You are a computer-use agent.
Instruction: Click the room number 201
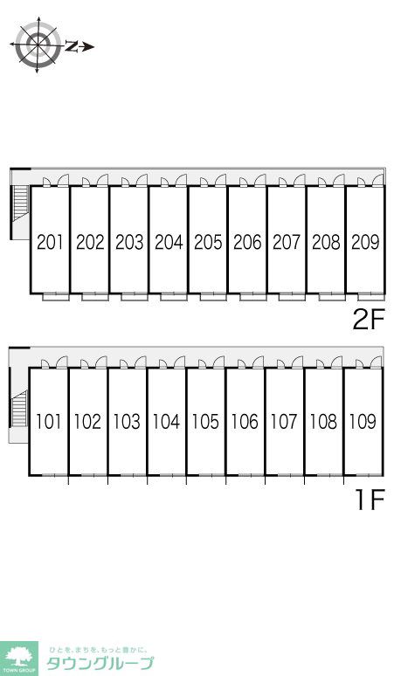click(50, 242)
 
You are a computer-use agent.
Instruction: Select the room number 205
click(208, 242)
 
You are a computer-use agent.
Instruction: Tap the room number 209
click(365, 242)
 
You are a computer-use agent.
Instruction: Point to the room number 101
click(48, 422)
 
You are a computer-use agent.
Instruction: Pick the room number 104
click(166, 422)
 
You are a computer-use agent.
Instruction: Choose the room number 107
click(284, 422)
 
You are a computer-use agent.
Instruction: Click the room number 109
click(363, 422)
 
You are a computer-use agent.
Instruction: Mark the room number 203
click(129, 242)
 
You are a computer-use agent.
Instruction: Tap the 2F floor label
click(368, 320)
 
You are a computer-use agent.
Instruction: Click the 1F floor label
click(370, 500)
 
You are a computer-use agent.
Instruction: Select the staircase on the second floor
click(20, 203)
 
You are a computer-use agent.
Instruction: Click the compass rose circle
click(38, 45)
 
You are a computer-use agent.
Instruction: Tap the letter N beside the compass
click(72, 46)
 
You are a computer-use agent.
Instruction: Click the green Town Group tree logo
click(18, 659)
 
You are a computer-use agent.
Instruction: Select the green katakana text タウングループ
click(100, 663)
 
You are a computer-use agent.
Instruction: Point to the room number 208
click(326, 242)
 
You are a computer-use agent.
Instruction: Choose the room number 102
click(87, 422)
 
